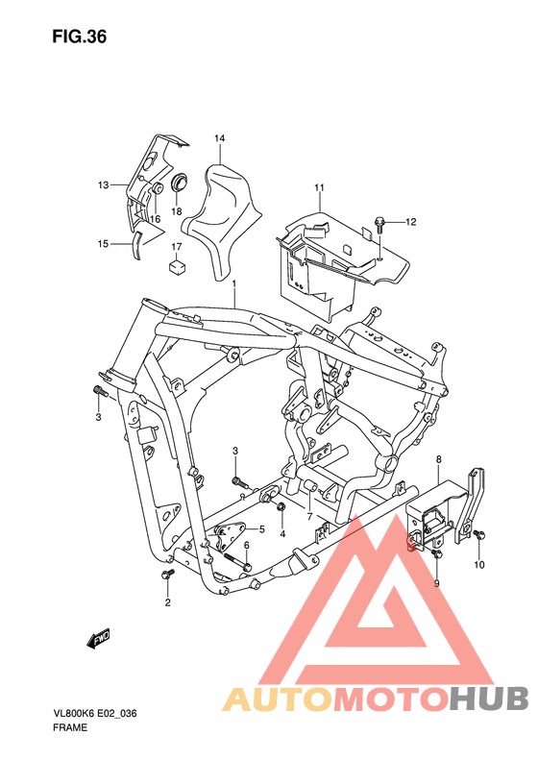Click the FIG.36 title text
80,37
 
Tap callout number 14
219,139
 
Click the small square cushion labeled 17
177,267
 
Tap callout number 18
177,210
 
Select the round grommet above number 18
179,183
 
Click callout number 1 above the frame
233,284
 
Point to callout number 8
438,461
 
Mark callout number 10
479,564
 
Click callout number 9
435,582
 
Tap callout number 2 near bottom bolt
166,603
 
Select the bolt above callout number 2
168,574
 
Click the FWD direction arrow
98,637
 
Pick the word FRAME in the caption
71,727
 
